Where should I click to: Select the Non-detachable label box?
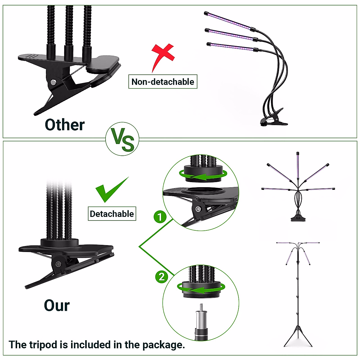pos(163,82)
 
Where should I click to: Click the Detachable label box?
pos(112,214)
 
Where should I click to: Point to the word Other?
pos(64,125)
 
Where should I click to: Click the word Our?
pos(57,305)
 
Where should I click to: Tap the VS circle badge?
pos(122,139)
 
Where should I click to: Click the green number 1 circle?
pos(160,217)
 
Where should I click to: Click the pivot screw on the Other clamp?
pos(53,82)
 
